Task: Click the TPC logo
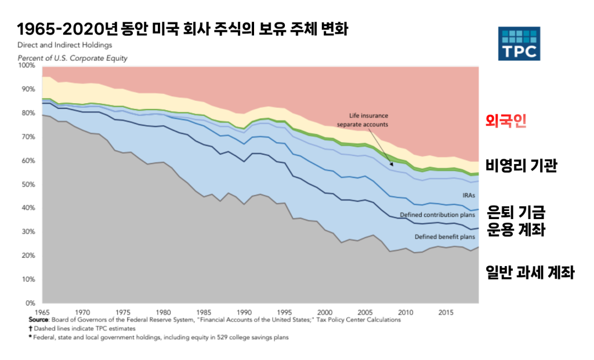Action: pos(519,43)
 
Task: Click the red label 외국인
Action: pos(506,122)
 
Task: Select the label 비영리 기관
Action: pos(521,167)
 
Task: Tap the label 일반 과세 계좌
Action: pos(530,272)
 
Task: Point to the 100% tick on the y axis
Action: pos(27,66)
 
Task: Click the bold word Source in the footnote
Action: pos(39,319)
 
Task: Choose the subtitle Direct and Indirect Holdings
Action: pos(64,45)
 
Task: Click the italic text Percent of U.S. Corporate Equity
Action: pos(73,58)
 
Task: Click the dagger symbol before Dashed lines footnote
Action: pos(30,328)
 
